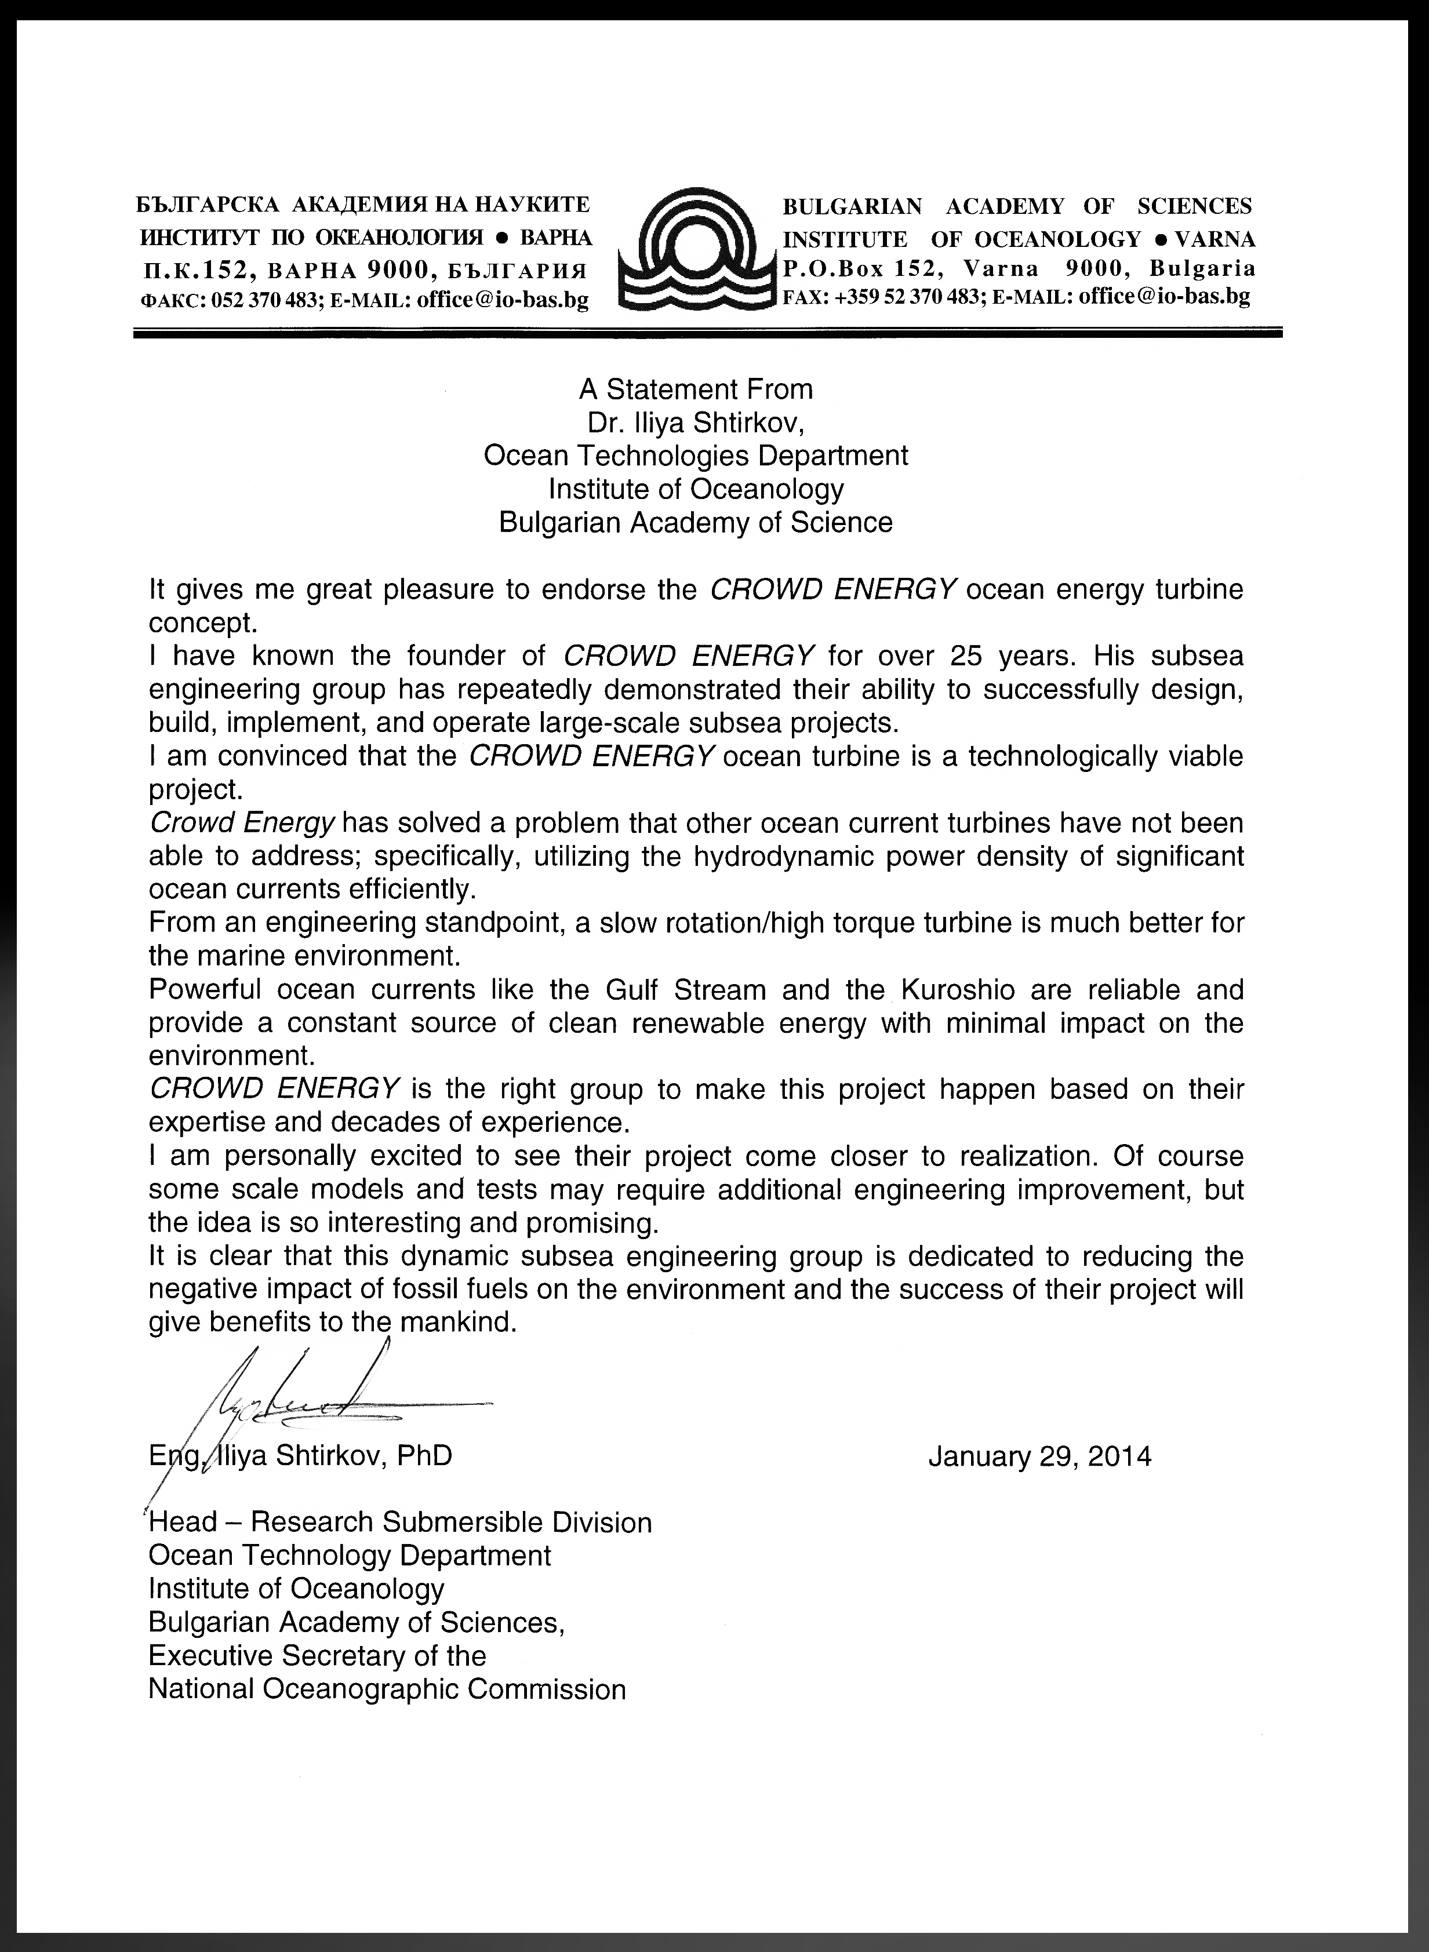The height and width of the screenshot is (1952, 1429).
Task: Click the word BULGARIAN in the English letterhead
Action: click(851, 206)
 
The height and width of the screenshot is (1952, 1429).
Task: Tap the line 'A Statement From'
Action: click(696, 389)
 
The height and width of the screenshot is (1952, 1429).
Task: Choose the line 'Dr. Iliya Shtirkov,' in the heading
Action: click(696, 423)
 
